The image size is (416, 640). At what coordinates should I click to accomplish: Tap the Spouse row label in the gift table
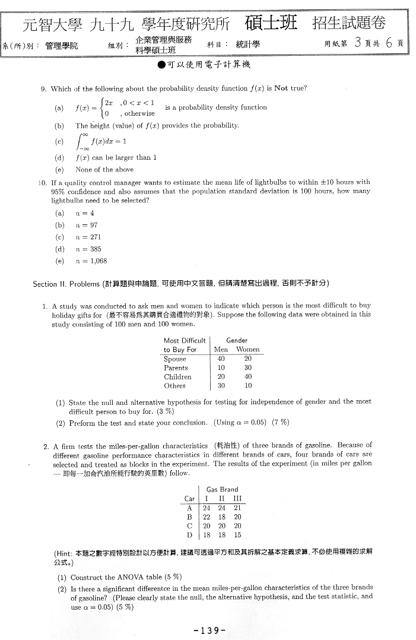174,359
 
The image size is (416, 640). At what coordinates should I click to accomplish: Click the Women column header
247,350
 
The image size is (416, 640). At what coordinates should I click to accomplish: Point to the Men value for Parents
221,367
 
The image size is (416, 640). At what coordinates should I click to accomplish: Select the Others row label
174,385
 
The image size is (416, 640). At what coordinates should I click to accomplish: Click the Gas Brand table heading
222,489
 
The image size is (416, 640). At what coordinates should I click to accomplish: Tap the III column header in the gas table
237,499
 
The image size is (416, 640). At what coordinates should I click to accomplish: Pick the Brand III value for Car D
237,534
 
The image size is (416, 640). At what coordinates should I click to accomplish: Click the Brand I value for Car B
207,517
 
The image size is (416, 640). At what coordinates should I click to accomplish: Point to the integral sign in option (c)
80,141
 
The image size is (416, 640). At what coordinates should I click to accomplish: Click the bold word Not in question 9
281,88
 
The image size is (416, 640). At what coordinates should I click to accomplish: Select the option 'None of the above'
104,169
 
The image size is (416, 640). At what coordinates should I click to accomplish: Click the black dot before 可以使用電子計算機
161,65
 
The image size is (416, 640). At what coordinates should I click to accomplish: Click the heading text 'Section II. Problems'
66,283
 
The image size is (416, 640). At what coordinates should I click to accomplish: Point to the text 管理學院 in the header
61,45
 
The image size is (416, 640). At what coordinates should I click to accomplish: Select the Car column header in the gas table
189,499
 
